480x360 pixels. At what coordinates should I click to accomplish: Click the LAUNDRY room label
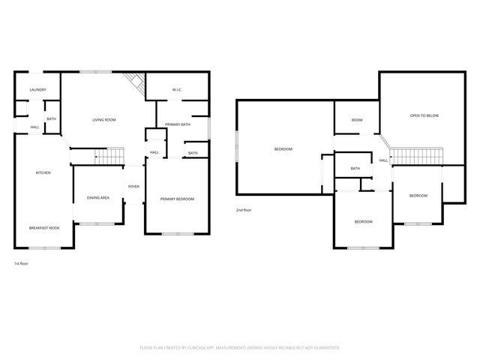(37, 90)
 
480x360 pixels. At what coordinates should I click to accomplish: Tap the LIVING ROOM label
(103, 120)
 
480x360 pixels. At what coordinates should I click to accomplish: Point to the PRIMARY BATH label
(178, 124)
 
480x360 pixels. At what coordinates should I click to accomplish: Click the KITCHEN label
(43, 173)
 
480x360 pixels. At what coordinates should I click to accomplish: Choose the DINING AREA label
(98, 197)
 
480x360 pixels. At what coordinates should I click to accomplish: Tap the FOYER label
(133, 186)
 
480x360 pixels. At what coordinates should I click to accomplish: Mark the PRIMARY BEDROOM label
(177, 199)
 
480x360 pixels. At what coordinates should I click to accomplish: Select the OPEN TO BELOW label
(424, 115)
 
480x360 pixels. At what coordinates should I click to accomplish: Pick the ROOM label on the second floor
(357, 120)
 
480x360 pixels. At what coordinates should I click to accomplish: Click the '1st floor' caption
(22, 263)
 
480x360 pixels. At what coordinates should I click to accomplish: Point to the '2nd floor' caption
(244, 210)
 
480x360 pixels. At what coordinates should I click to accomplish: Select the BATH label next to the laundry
(51, 119)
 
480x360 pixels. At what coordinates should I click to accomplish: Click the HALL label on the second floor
(383, 160)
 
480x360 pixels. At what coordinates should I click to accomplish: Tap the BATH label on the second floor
(355, 169)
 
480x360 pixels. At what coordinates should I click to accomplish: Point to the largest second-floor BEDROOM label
(283, 149)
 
